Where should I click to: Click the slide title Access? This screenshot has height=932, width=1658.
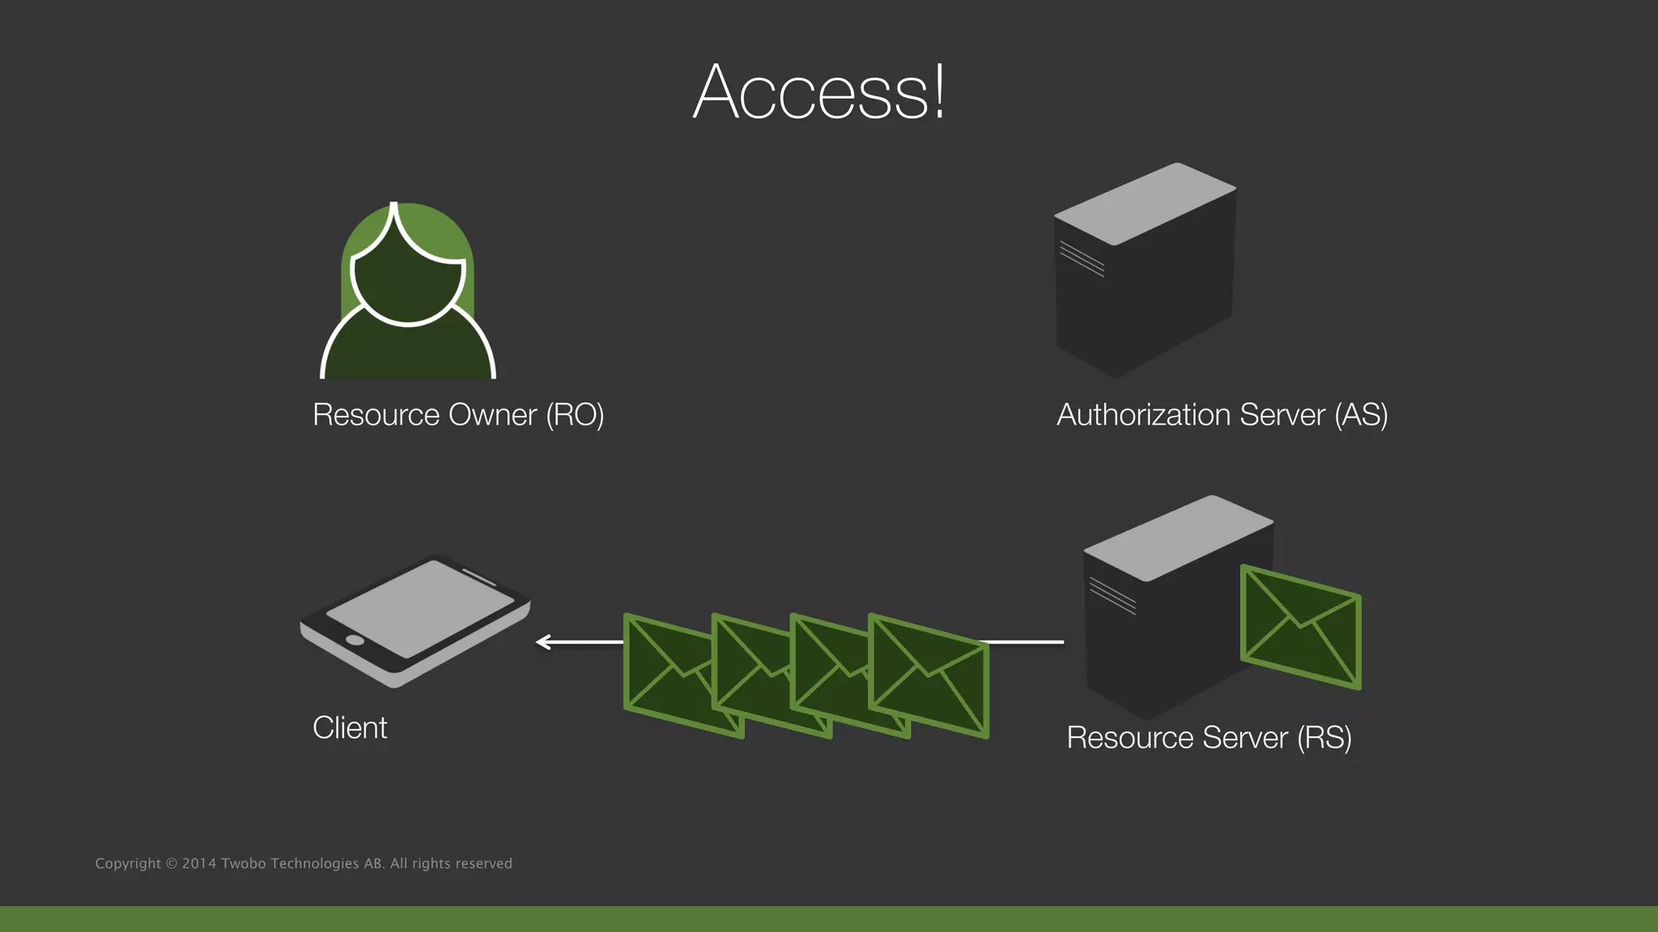818,92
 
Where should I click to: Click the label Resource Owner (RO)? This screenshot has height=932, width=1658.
458,415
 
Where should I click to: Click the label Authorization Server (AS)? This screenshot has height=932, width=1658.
1222,415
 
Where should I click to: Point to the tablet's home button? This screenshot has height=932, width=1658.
355,640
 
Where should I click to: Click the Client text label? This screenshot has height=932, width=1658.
350,728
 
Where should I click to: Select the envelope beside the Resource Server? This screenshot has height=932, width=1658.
1300,628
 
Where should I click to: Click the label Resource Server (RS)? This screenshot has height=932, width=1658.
1209,738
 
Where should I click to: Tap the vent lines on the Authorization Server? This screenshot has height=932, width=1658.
1082,259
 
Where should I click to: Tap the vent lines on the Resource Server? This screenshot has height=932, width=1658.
1112,595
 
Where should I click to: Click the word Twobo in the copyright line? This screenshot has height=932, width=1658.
243,864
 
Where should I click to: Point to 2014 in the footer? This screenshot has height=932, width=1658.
198,864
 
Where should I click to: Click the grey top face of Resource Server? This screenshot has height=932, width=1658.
1178,537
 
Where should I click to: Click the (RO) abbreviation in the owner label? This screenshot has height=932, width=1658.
575,415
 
